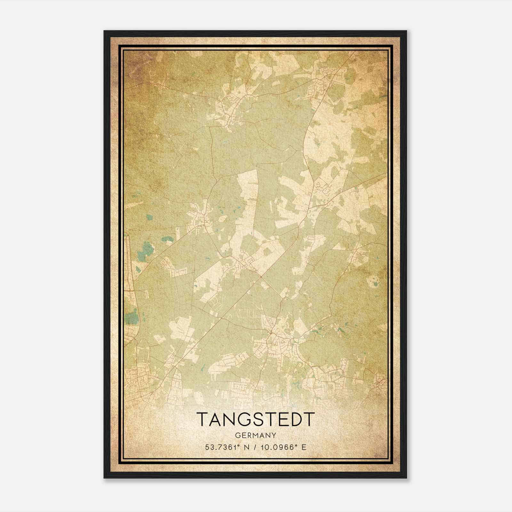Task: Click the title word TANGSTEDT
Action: [256, 419]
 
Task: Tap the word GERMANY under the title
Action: [256, 436]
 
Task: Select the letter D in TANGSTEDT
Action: [295, 419]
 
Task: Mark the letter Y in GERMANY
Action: [273, 436]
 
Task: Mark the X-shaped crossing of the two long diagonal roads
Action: [261, 276]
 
